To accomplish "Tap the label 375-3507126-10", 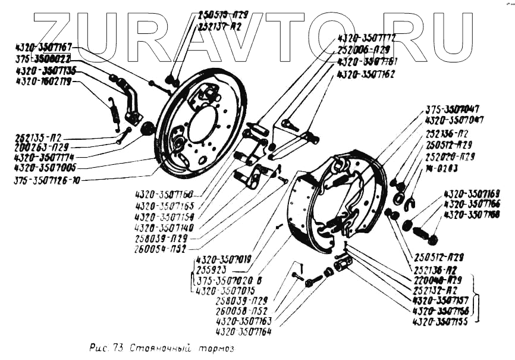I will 47,180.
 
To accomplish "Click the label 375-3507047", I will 453,109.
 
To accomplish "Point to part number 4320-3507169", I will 472,194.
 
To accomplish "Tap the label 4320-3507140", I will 165,227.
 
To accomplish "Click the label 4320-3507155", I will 441,321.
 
